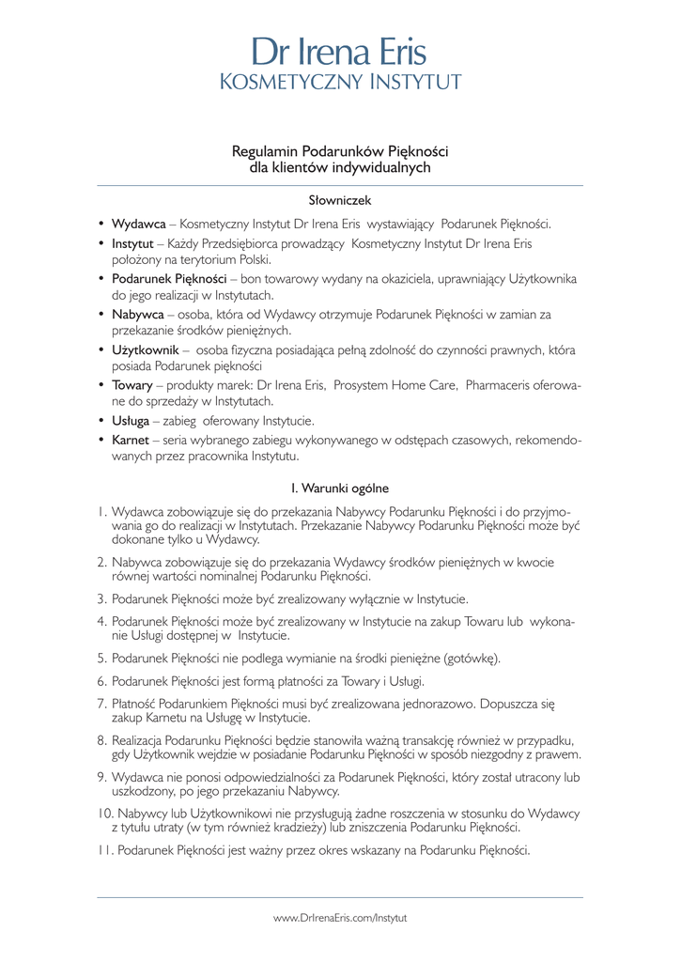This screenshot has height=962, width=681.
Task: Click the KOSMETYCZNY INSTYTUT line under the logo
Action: pyautogui.click(x=340, y=83)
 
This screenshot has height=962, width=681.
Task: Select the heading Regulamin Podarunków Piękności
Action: pyautogui.click(x=340, y=150)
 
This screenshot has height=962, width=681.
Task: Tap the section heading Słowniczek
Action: pyautogui.click(x=340, y=200)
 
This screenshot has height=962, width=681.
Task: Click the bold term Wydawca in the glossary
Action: pyautogui.click(x=138, y=225)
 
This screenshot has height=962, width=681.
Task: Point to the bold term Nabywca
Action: pyautogui.click(x=137, y=314)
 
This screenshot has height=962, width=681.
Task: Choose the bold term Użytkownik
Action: pyautogui.click(x=145, y=349)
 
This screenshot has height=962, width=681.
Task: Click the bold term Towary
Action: pyautogui.click(x=132, y=384)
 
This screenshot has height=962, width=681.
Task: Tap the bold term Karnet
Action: pyautogui.click(x=130, y=440)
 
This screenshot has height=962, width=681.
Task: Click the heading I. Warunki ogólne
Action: pyautogui.click(x=340, y=488)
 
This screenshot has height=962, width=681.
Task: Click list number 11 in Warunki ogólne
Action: pyautogui.click(x=105, y=851)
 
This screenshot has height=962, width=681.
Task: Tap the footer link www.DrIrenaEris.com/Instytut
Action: pyautogui.click(x=340, y=917)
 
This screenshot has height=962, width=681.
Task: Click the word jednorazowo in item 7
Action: pyautogui.click(x=438, y=703)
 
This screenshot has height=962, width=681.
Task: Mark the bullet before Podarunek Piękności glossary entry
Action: pyautogui.click(x=101, y=279)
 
